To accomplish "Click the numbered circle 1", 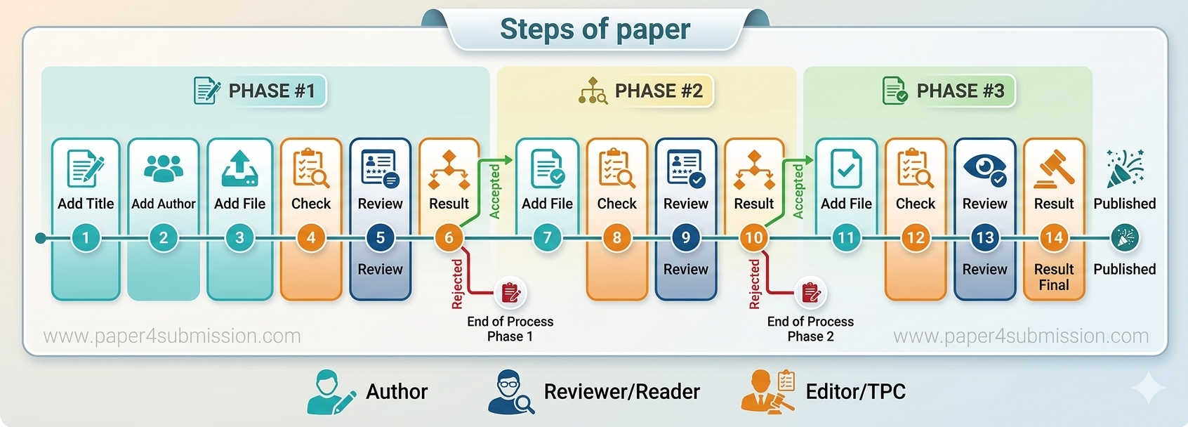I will [x=86, y=237].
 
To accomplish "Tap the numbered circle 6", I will [x=449, y=237].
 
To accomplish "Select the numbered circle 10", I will [x=753, y=237].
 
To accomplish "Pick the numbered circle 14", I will [x=1053, y=237].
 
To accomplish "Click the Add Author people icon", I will [x=164, y=167].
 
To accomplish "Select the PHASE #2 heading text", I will [x=659, y=91].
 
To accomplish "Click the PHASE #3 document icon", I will [x=895, y=91].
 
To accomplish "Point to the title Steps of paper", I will [x=595, y=29].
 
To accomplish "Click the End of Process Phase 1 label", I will [x=510, y=329].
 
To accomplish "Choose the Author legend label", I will [x=397, y=391].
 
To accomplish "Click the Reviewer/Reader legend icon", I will [x=510, y=392].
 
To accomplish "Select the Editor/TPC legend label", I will [x=855, y=391].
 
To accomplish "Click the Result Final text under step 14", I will [x=1053, y=277].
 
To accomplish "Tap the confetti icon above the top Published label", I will [x=1124, y=169].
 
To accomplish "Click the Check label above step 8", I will [x=616, y=204].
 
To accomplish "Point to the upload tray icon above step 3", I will [x=239, y=169].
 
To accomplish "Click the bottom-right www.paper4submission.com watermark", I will [x=1021, y=336].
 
